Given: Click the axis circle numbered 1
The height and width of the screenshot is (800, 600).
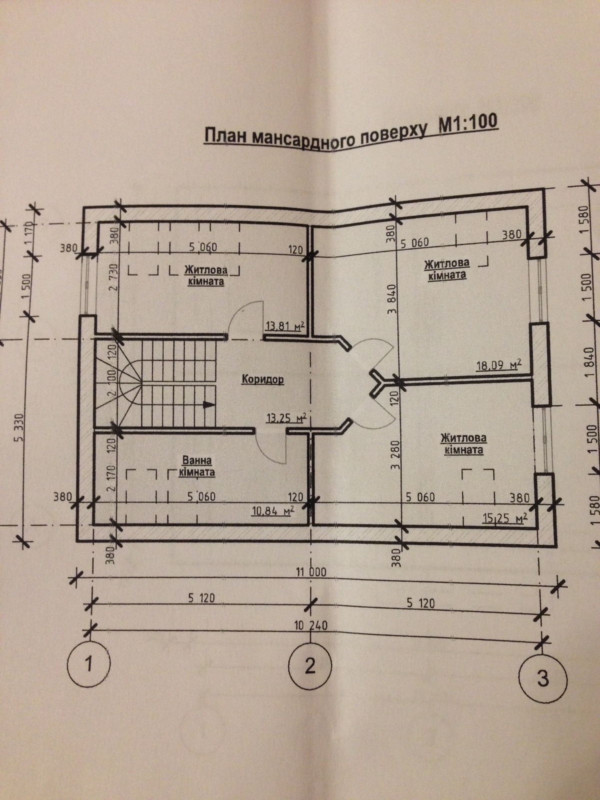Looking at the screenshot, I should click(x=88, y=665).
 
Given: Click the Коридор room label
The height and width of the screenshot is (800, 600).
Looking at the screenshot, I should click(x=262, y=379).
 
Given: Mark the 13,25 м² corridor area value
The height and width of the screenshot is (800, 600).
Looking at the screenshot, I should click(x=286, y=418).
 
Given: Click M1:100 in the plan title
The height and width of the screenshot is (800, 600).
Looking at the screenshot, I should click(x=468, y=123).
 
